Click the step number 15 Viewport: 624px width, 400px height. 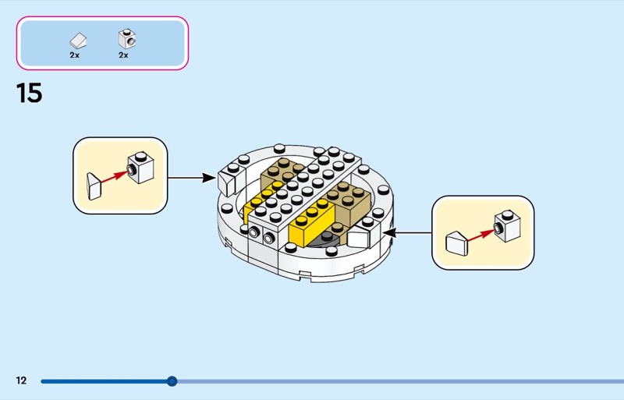tap(29, 94)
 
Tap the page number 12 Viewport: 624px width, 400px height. tap(21, 381)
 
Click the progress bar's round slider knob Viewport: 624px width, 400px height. tap(172, 381)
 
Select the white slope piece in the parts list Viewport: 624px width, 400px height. tap(78, 40)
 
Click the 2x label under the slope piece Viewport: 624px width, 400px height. tap(75, 55)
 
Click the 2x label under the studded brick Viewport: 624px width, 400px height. tap(123, 55)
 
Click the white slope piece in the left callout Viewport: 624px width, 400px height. tap(95, 187)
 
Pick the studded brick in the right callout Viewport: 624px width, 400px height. tap(508, 225)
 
